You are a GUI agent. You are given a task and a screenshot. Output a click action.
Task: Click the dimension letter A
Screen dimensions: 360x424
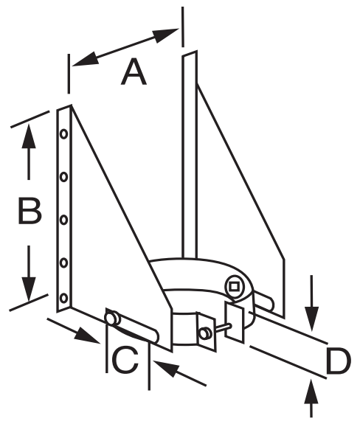tap(134, 72)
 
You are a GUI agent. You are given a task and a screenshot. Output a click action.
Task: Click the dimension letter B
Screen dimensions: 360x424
tap(30, 211)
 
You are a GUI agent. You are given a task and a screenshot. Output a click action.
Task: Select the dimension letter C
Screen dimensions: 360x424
tap(125, 361)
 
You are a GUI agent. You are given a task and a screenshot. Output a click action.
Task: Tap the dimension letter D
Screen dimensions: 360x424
tap(339, 361)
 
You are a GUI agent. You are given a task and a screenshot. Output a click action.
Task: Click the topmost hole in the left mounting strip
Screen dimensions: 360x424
tap(64, 134)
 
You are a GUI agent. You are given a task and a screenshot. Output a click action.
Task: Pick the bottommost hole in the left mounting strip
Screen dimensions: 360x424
tap(64, 298)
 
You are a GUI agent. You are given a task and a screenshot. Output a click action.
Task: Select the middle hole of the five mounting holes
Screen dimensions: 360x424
tap(64, 220)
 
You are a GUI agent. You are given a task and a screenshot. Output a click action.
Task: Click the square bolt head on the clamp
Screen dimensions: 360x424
tap(234, 286)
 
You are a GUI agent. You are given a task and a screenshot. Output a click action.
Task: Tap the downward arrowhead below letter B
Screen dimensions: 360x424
tap(29, 289)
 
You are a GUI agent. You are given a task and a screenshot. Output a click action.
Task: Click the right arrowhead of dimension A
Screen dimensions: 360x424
tap(165, 35)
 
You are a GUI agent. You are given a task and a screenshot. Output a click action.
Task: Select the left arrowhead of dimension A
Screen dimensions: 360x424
tap(85, 59)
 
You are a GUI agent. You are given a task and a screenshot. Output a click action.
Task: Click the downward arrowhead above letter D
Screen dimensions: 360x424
tap(312, 319)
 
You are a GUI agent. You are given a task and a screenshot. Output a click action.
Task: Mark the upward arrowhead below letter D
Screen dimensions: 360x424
tap(312, 392)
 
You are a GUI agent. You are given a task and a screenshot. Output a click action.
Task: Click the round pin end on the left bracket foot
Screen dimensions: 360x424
tap(111, 318)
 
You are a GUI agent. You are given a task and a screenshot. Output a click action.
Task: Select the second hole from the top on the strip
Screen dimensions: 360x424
tap(64, 177)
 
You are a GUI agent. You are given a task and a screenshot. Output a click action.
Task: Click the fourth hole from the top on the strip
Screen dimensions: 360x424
tap(64, 263)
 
